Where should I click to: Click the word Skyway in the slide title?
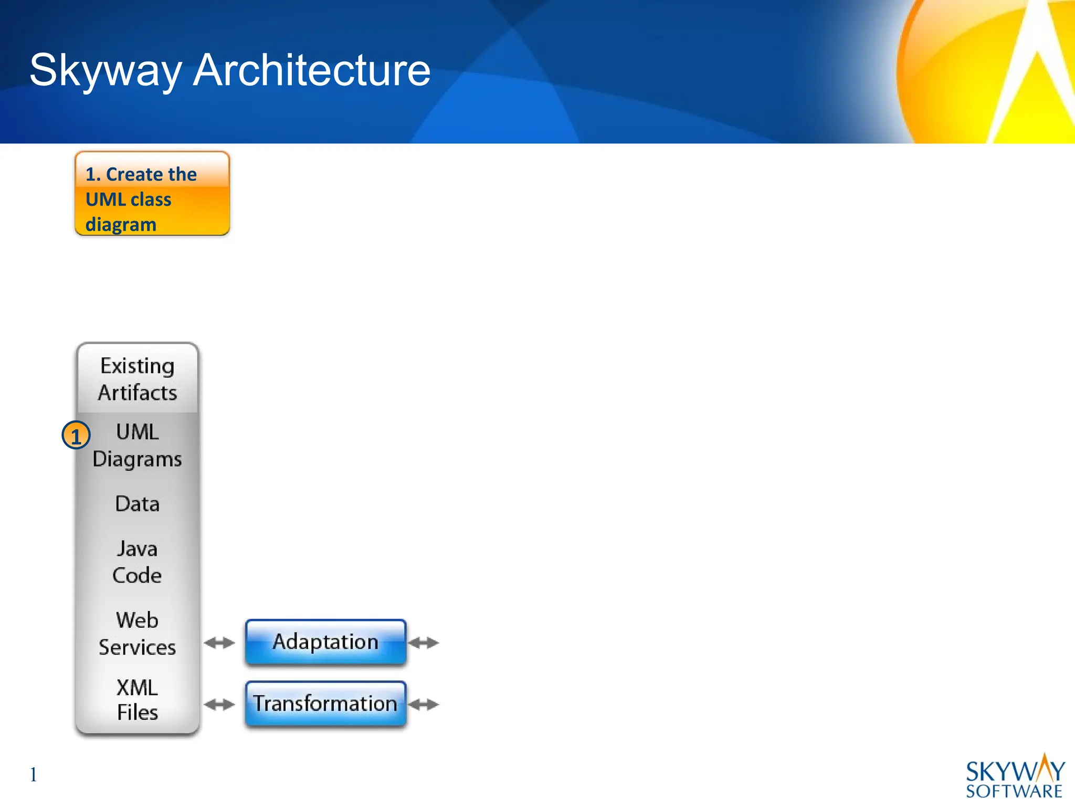(105, 71)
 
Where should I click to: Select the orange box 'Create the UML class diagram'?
(152, 193)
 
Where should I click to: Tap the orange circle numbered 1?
(76, 436)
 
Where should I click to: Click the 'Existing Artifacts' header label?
(138, 379)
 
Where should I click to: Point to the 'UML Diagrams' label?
(138, 445)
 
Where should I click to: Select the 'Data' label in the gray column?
(138, 504)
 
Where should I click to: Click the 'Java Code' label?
(137, 562)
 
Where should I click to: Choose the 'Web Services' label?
(137, 633)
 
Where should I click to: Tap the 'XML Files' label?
(137, 700)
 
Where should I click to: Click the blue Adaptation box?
(325, 642)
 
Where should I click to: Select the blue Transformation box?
(325, 703)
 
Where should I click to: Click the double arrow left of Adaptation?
(219, 643)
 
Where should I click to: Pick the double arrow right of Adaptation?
(424, 643)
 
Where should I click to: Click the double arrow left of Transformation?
(219, 705)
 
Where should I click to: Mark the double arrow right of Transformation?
(424, 705)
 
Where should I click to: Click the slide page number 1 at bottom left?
(34, 774)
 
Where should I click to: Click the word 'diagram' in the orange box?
(121, 224)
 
